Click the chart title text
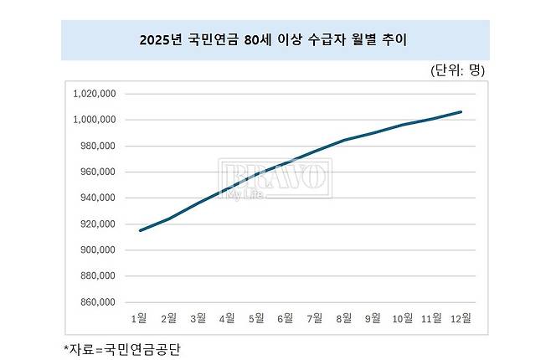click(275, 40)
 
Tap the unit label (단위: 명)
click(457, 69)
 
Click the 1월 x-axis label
click(139, 318)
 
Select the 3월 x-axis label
click(198, 318)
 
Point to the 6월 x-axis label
click(286, 318)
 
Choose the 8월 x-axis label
click(344, 318)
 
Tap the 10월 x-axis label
click(402, 318)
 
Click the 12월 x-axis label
click(461, 318)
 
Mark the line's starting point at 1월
click(139, 230)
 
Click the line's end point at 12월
click(461, 111)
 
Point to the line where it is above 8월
click(344, 140)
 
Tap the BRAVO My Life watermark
click(275, 179)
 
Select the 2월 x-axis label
click(168, 318)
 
